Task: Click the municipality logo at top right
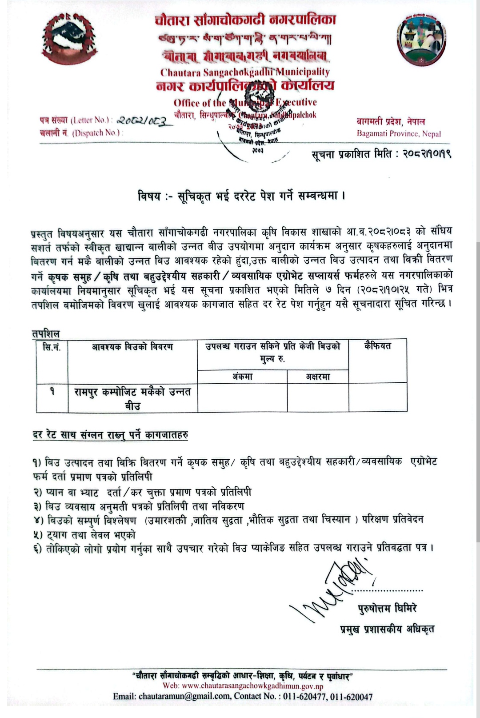[x=421, y=39]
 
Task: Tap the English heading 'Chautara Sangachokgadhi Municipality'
[x=245, y=72]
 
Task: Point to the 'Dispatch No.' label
[x=97, y=133]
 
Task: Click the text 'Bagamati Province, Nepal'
[x=399, y=133]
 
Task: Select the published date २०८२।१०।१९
[x=427, y=155]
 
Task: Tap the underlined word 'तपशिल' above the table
[x=46, y=333]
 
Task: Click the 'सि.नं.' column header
[x=52, y=347]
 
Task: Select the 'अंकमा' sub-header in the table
[x=242, y=377]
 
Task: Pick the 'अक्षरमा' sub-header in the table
[x=318, y=377]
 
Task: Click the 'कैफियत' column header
[x=378, y=346]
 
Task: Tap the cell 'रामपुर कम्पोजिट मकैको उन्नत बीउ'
[x=132, y=398]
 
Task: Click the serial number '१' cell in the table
[x=52, y=392]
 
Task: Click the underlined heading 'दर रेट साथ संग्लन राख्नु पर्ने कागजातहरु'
[x=110, y=435]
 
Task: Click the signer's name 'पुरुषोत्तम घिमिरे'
[x=387, y=608]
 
